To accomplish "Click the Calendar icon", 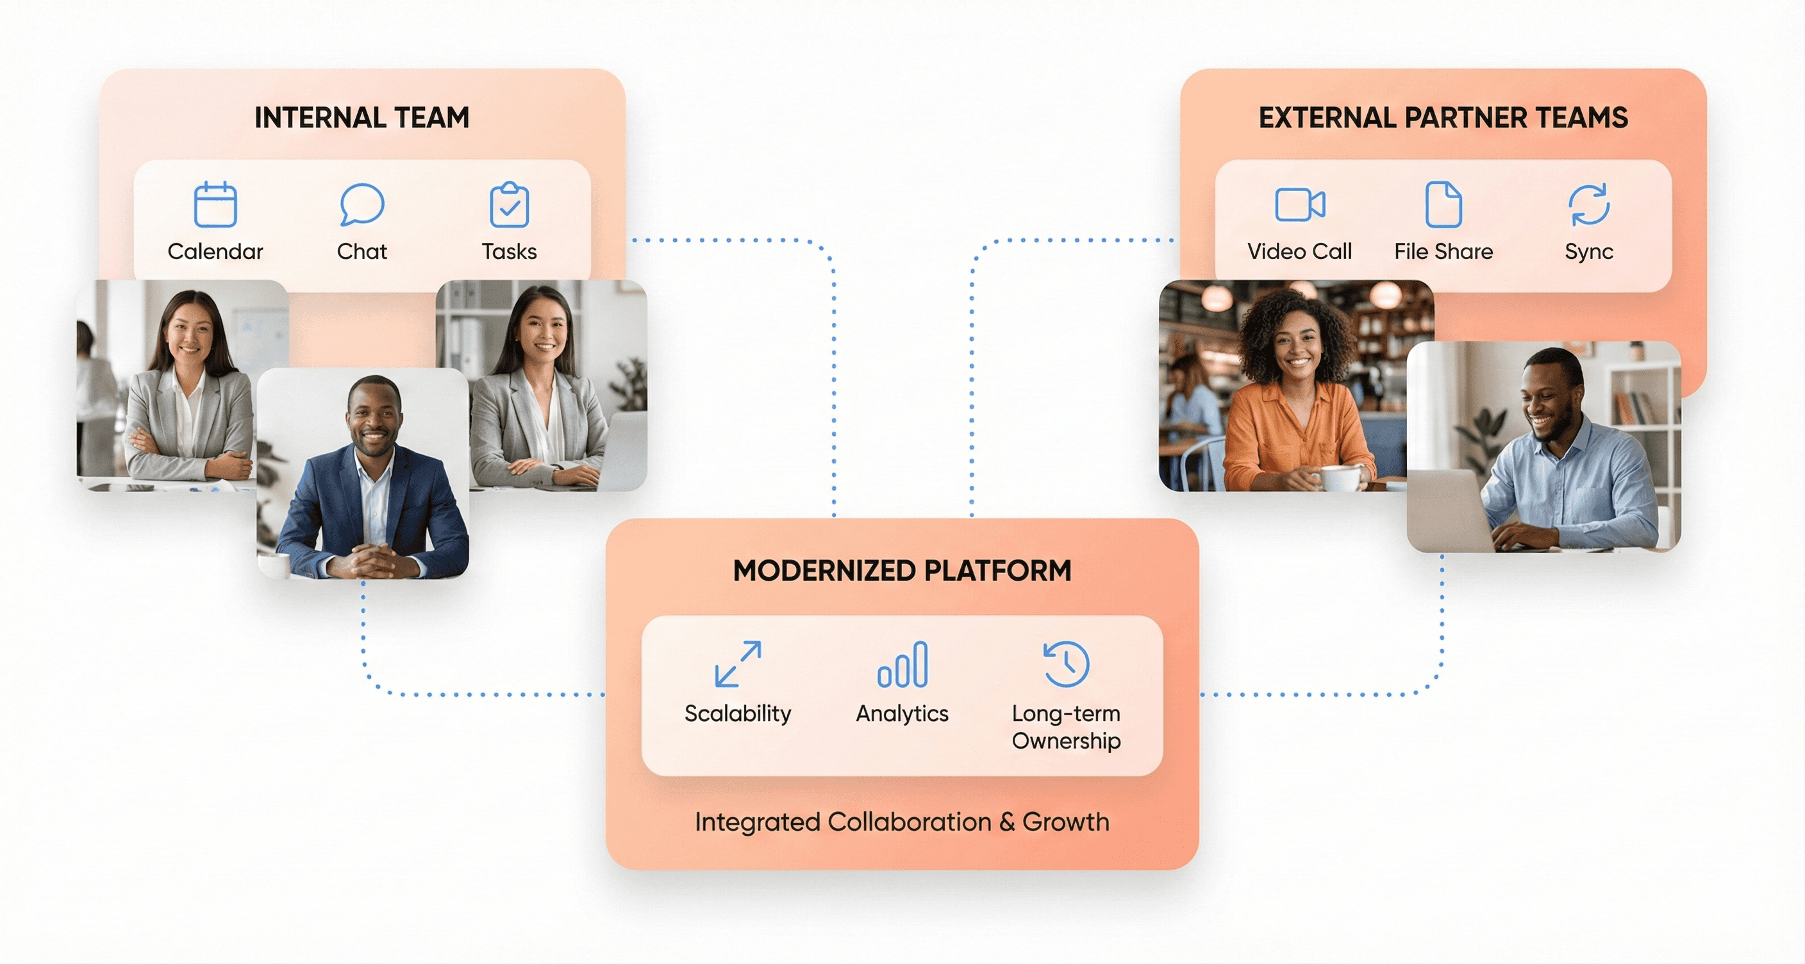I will (215, 204).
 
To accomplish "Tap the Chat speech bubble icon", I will (362, 204).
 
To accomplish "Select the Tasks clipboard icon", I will (509, 204).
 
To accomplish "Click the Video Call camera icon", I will (1299, 204).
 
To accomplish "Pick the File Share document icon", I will (1443, 204).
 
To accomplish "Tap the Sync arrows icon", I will (1588, 204).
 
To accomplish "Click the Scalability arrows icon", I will (738, 663).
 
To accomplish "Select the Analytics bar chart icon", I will (902, 664).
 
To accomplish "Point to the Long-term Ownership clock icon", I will (1066, 663).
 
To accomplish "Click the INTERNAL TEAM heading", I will (362, 118).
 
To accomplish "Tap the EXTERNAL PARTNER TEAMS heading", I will (1443, 118).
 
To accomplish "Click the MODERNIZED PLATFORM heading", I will (902, 571).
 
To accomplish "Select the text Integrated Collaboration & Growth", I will (902, 822).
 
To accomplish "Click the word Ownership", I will (1066, 740).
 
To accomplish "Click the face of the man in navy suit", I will (374, 419).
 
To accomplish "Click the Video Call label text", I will (1299, 251).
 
